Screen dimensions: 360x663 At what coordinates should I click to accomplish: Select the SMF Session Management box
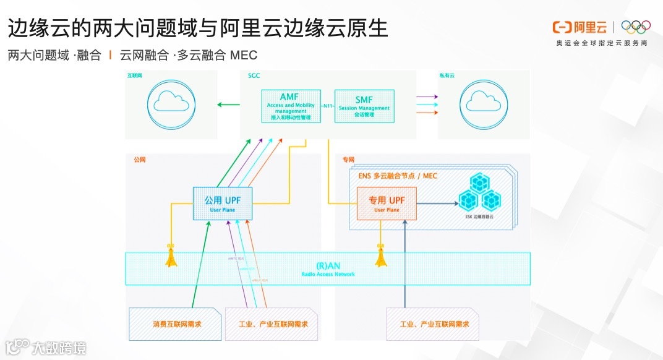click(x=364, y=106)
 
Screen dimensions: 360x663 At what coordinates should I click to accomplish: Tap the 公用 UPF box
click(x=223, y=204)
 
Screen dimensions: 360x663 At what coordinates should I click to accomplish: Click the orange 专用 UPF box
click(x=387, y=204)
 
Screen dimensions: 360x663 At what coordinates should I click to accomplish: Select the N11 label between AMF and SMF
click(x=327, y=106)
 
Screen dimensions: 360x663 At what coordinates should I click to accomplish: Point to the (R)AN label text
click(x=328, y=265)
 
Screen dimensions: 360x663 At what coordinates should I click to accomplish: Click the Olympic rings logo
click(x=636, y=27)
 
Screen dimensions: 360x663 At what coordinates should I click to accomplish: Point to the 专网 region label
click(x=348, y=160)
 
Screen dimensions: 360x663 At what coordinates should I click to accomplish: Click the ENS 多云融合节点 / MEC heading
click(x=398, y=176)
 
